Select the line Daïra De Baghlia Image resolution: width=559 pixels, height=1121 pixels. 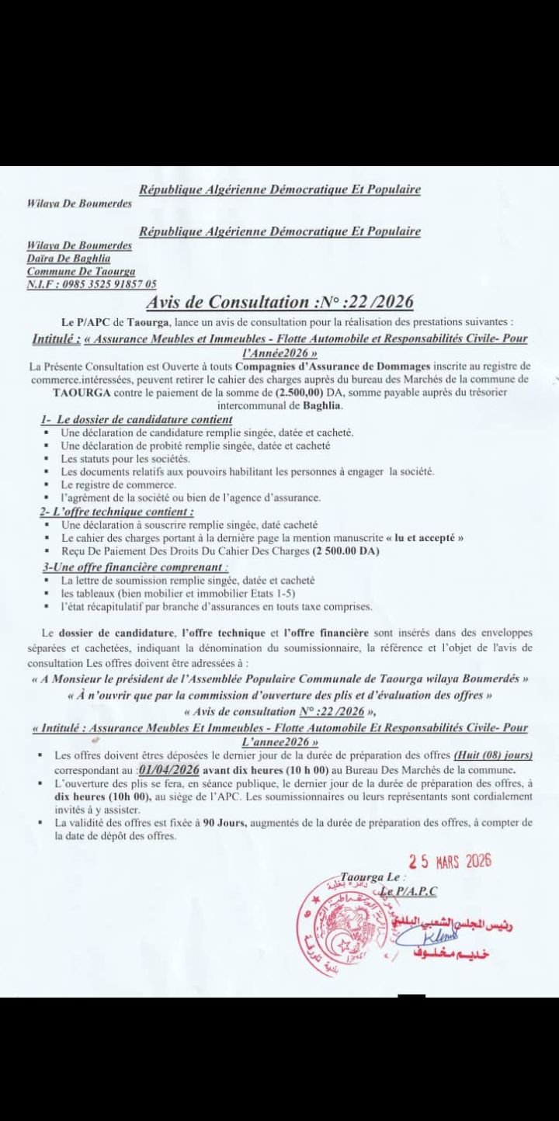(x=68, y=258)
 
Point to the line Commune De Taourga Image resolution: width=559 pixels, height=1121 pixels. (x=81, y=271)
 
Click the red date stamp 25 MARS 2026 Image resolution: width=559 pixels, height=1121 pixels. (x=451, y=861)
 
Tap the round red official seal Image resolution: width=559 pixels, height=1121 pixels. (x=353, y=921)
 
